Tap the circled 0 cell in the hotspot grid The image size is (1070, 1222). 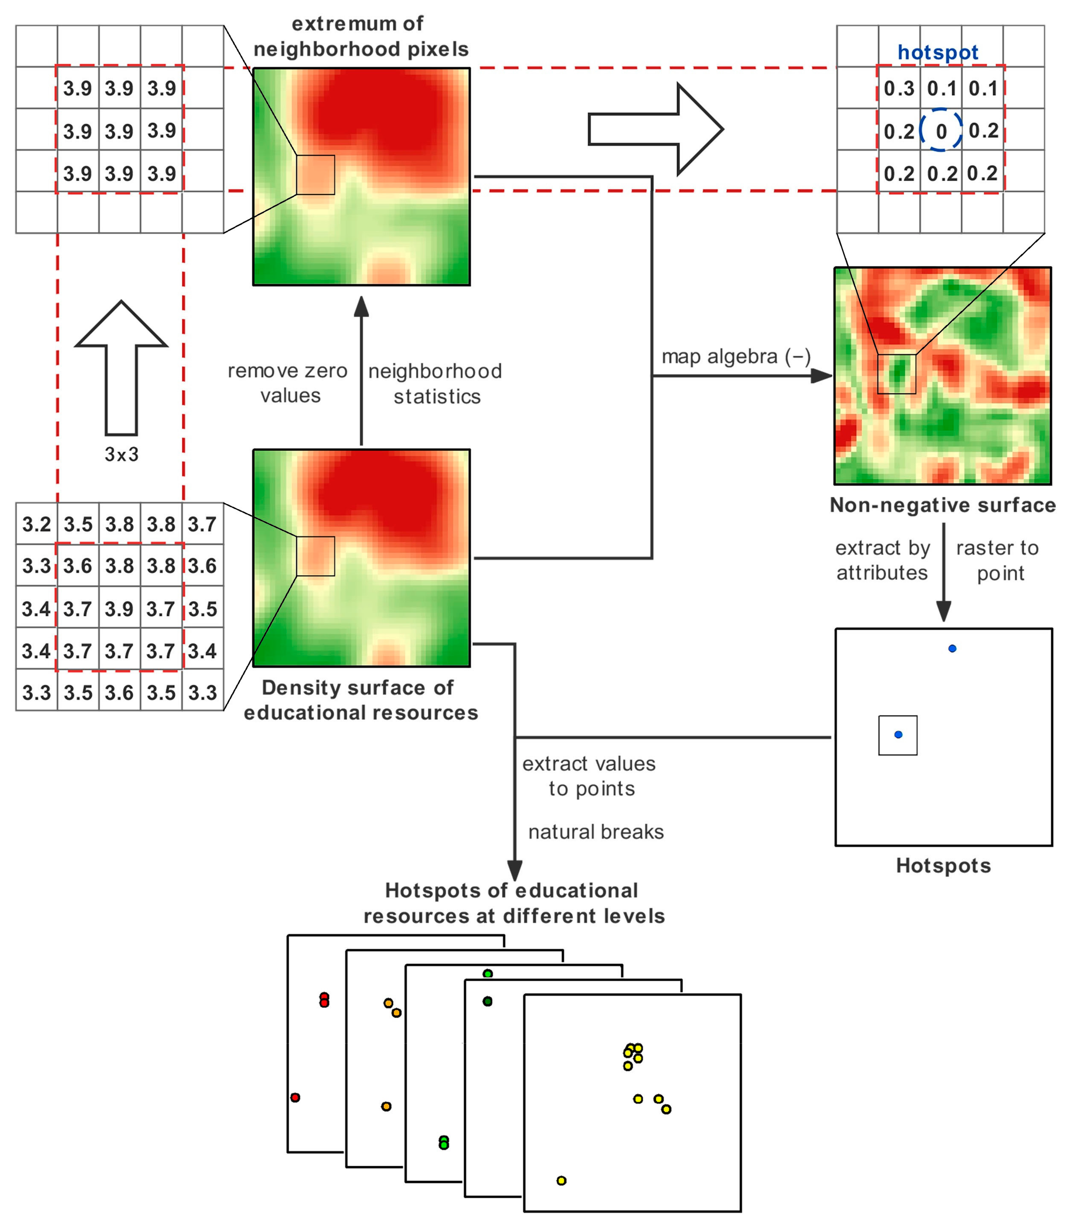pyautogui.click(x=941, y=131)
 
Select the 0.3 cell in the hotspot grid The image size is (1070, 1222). pyautogui.click(x=899, y=88)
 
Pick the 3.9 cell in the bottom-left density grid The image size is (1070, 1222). pyautogui.click(x=119, y=609)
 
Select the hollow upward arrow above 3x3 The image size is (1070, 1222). pyautogui.click(x=121, y=367)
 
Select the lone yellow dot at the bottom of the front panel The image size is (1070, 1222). pyautogui.click(x=561, y=1180)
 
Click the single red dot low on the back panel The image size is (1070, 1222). pyautogui.click(x=295, y=1097)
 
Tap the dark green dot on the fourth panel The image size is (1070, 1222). pyautogui.click(x=487, y=1001)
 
